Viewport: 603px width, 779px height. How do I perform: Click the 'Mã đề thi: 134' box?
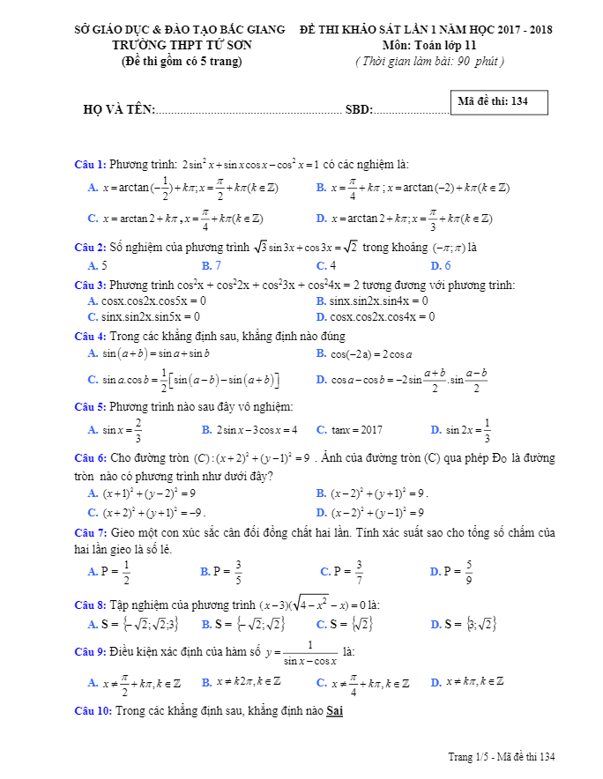pos(499,102)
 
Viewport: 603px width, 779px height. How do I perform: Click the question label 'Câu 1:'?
pos(90,165)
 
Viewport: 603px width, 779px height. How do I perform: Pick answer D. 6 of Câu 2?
pos(441,265)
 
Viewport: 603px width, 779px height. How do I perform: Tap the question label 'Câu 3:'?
pos(90,285)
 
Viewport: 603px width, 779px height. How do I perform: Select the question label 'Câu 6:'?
pos(90,458)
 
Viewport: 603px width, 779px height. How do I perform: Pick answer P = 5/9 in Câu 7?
pos(452,571)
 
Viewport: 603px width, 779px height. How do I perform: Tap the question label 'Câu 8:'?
pos(90,605)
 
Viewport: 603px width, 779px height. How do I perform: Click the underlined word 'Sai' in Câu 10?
pos(334,711)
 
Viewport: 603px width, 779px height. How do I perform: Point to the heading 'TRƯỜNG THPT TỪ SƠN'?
pos(182,44)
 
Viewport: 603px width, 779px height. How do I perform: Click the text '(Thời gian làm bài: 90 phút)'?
pos(429,61)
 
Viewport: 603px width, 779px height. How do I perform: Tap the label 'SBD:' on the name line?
pos(359,110)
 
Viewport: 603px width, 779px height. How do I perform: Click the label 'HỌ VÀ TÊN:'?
pos(119,110)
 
